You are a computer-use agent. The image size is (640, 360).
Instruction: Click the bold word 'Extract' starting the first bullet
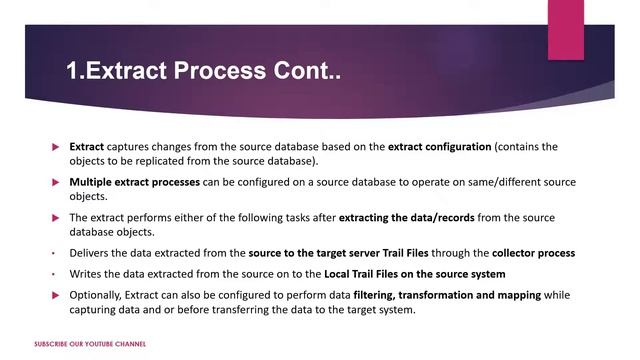coord(87,147)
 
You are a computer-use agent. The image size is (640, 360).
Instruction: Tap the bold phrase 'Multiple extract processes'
coord(135,183)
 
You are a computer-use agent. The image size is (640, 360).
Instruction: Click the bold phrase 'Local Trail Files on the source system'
coord(415,274)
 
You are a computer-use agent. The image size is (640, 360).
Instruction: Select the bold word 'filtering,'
coord(382,295)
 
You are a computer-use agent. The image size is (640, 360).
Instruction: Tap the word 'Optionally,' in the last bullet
coord(98,295)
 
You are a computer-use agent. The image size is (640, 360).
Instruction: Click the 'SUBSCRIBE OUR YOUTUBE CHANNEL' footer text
coord(90,344)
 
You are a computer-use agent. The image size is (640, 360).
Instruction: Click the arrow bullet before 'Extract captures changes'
coord(56,147)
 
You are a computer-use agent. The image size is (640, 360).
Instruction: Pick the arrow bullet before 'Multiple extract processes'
coord(56,183)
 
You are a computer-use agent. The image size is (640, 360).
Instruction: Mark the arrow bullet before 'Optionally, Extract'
coord(56,295)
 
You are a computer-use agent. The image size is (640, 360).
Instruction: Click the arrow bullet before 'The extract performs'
coord(56,218)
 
